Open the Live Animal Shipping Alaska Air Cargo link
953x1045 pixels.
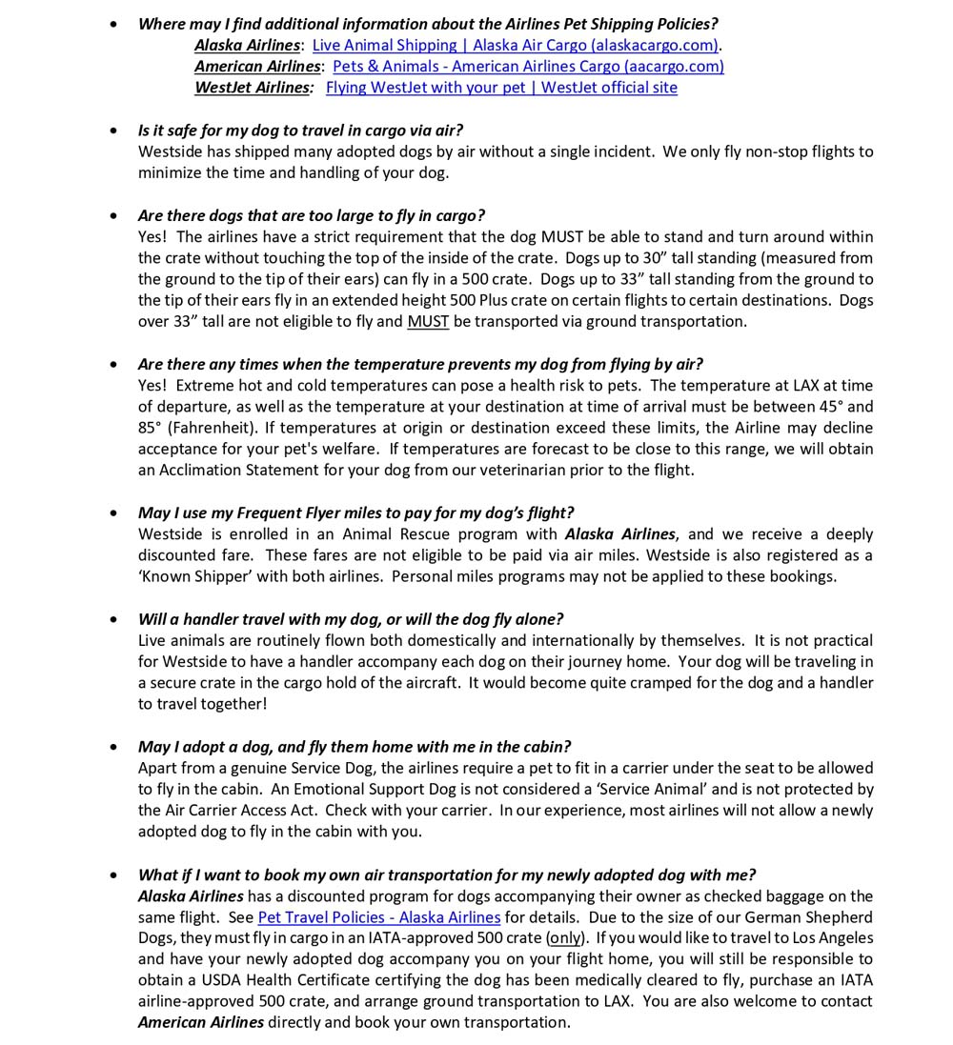coord(516,46)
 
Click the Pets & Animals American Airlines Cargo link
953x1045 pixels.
coord(528,67)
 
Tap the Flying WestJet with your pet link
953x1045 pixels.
coord(501,88)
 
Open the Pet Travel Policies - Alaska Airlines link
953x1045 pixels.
coord(378,917)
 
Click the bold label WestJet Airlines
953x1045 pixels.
coord(253,88)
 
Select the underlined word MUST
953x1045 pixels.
coord(428,322)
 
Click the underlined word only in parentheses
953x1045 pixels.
coord(565,938)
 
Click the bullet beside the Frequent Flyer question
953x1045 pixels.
coord(114,513)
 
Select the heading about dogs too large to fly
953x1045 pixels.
coord(311,215)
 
